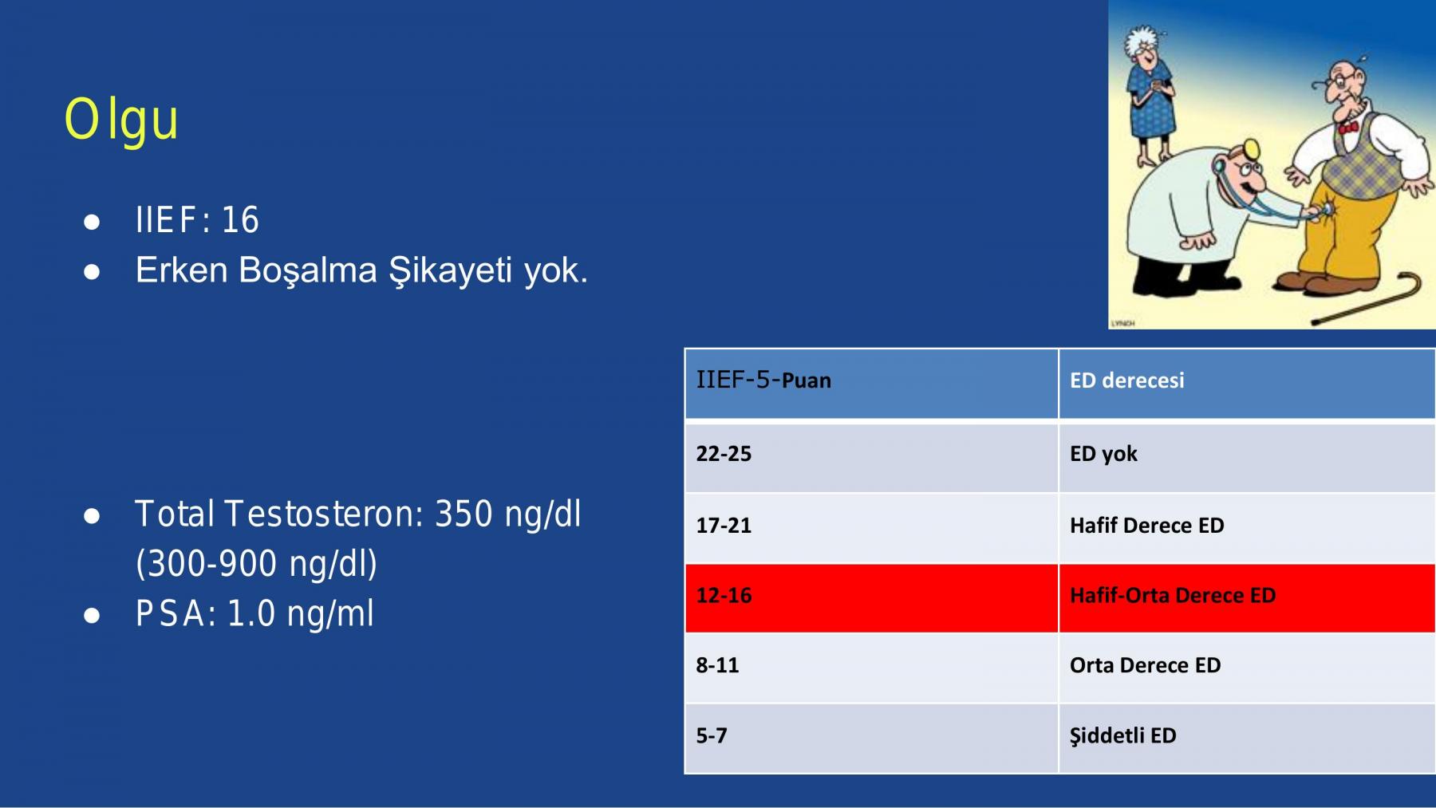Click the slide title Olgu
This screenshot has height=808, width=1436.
[x=121, y=120]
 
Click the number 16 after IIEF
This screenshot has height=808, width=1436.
[x=240, y=219]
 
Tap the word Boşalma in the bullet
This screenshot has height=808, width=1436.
[x=309, y=270]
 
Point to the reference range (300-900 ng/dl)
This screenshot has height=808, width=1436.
[x=256, y=564]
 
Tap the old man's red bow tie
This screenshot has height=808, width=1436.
[x=1348, y=127]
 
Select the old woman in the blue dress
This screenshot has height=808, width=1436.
[x=1149, y=96]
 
